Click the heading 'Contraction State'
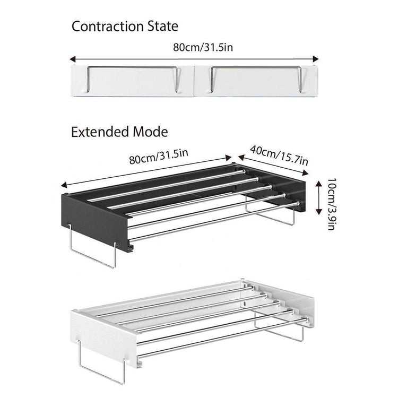click(x=125, y=27)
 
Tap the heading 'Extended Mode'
click(x=119, y=132)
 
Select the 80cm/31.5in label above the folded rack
click(x=203, y=47)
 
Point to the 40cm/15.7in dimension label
click(x=279, y=155)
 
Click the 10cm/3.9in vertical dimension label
click(x=331, y=204)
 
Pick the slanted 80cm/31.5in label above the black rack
click(x=159, y=157)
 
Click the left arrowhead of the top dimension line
click(x=73, y=59)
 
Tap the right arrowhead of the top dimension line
click(x=316, y=59)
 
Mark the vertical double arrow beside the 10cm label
click(x=319, y=198)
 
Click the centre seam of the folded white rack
click(x=194, y=81)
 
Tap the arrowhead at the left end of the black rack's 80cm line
click(x=64, y=186)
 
